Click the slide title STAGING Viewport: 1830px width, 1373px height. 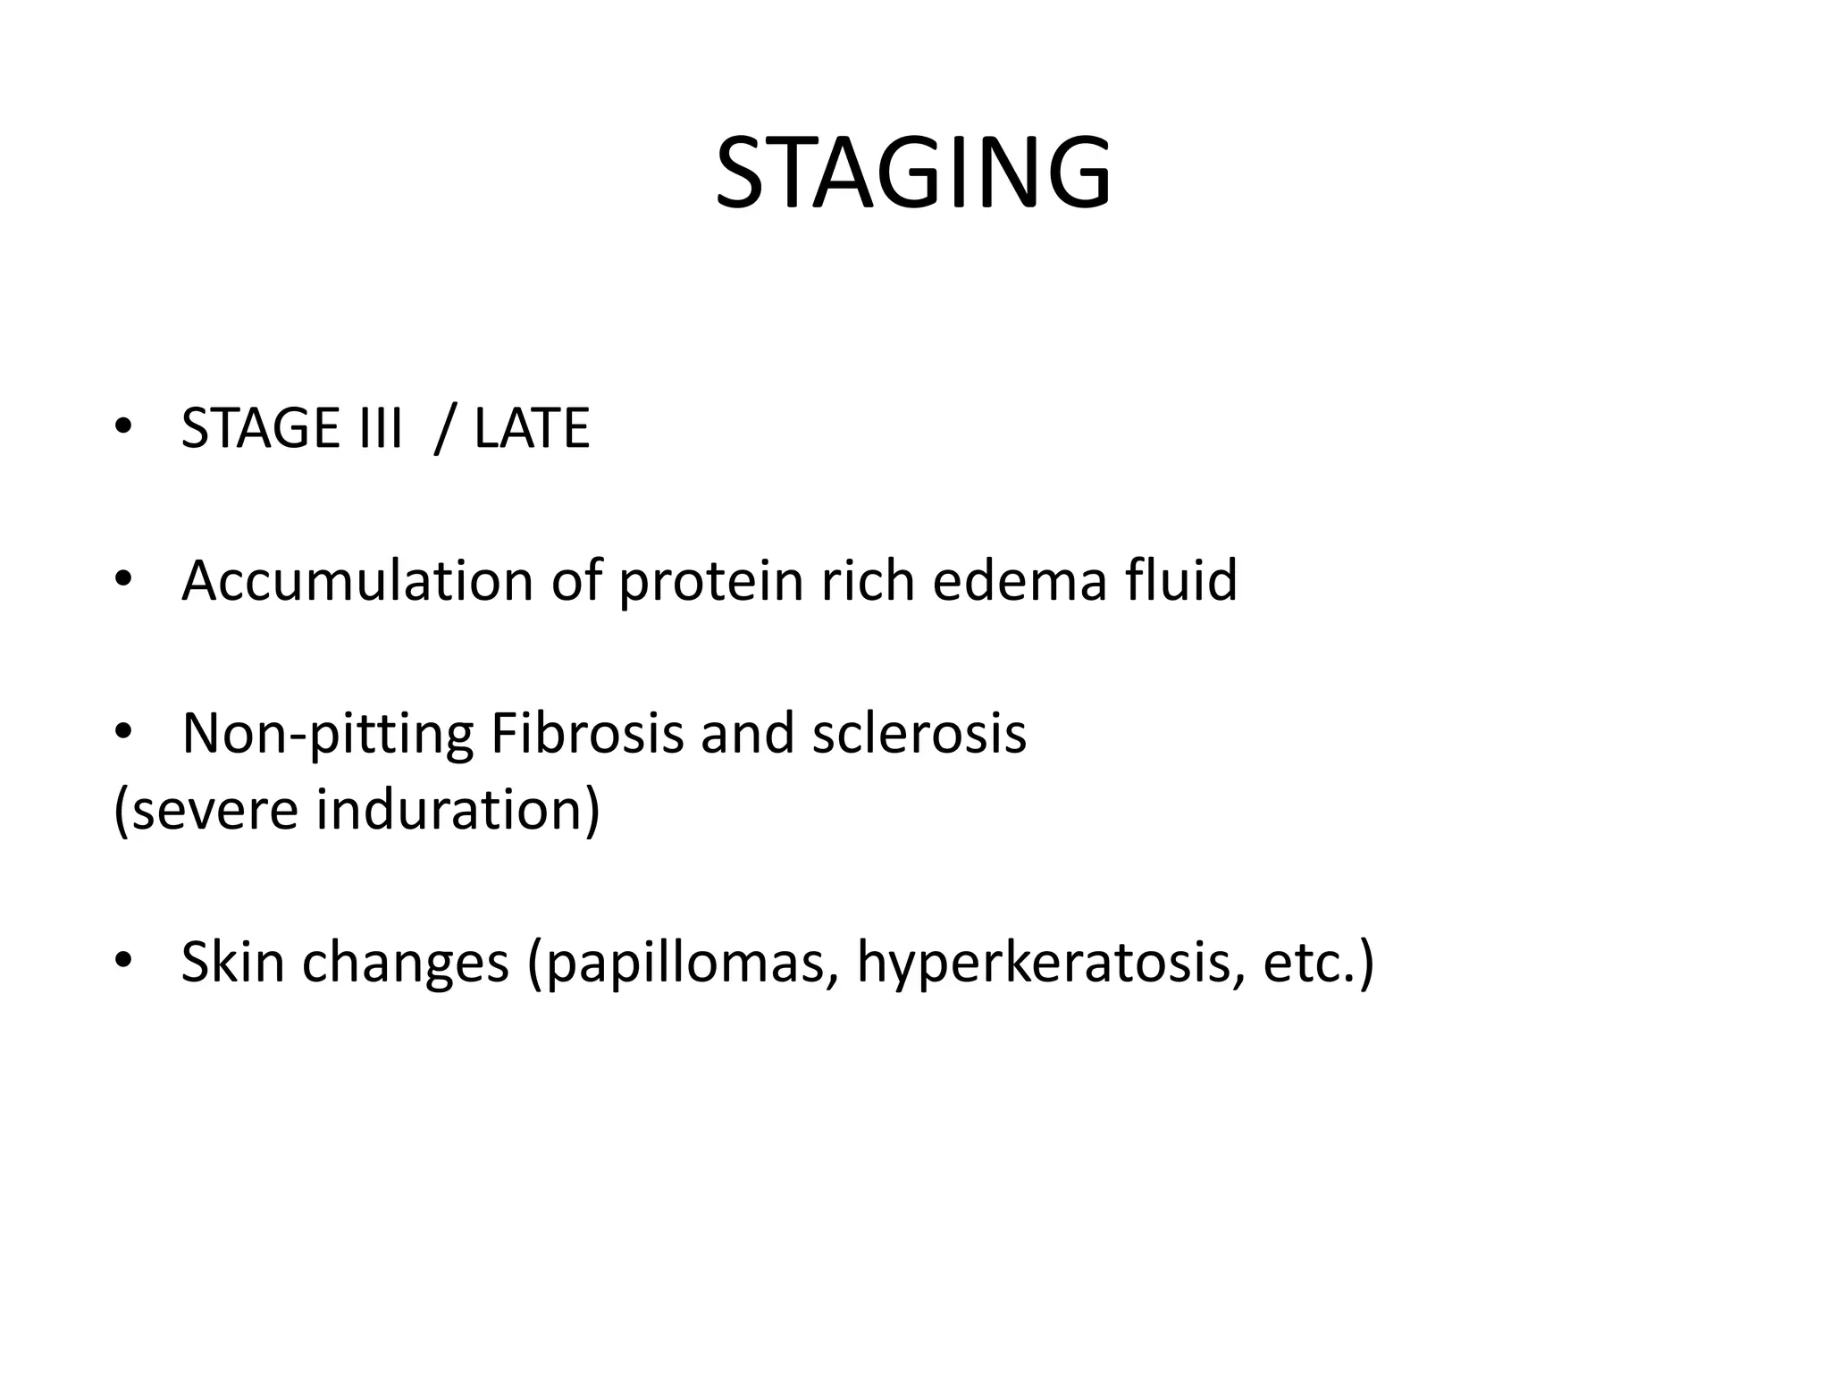(x=913, y=173)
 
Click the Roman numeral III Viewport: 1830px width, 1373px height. (x=379, y=428)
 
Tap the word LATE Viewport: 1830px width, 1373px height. (x=532, y=428)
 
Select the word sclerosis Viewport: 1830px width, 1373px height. (x=919, y=733)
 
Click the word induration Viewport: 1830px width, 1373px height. (x=457, y=810)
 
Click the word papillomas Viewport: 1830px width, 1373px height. (x=683, y=964)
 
